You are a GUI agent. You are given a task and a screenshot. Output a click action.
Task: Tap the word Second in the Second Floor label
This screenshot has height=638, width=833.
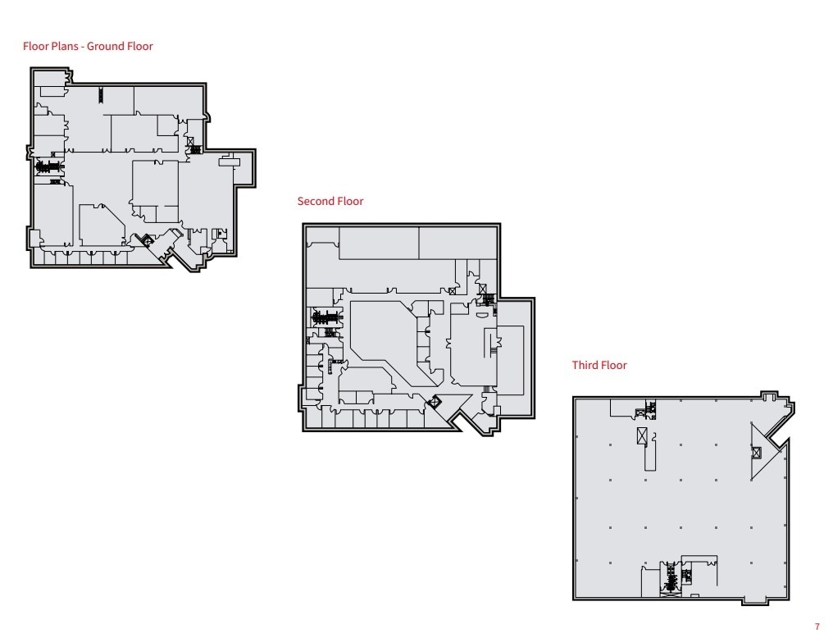(x=314, y=201)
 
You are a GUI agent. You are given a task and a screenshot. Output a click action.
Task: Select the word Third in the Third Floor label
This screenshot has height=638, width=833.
(x=585, y=365)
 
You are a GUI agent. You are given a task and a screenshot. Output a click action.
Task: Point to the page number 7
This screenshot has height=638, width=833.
(x=817, y=627)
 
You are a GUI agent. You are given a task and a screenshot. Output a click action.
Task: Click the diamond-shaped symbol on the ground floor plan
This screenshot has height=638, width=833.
(x=147, y=239)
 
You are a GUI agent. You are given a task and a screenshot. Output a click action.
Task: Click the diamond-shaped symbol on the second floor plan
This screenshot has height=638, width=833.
(x=435, y=401)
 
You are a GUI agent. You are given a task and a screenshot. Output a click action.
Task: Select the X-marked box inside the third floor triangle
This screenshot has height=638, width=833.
(x=756, y=452)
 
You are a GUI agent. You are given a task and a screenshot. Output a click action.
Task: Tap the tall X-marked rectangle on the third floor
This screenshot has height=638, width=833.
(x=642, y=436)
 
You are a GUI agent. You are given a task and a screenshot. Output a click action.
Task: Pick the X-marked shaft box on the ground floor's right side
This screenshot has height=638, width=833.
(x=191, y=142)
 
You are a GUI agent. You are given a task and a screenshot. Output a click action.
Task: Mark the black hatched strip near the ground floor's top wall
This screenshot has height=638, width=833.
(x=101, y=94)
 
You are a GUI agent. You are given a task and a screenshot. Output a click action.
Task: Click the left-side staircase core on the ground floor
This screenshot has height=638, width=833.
(x=50, y=166)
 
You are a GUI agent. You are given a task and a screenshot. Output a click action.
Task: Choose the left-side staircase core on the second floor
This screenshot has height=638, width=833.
(x=325, y=317)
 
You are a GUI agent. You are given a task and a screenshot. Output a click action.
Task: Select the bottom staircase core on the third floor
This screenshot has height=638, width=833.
(x=671, y=579)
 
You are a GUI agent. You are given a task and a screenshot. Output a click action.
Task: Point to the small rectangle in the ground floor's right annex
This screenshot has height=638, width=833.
(x=230, y=162)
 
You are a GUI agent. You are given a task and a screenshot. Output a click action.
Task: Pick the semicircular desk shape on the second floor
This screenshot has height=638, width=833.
(x=485, y=312)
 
